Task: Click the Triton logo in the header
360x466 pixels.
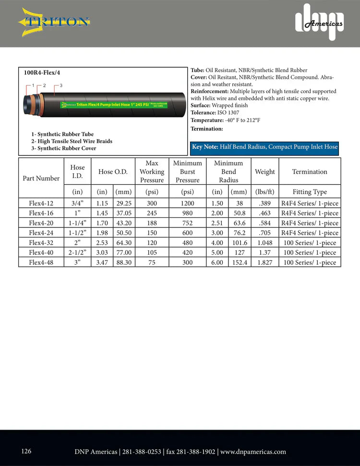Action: pyautogui.click(x=54, y=22)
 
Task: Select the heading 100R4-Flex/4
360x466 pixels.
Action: pyautogui.click(x=42, y=73)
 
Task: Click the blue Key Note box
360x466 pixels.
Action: pyautogui.click(x=264, y=147)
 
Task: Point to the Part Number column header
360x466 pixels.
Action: pyautogui.click(x=41, y=179)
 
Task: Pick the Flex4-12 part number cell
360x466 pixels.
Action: pyautogui.click(x=41, y=203)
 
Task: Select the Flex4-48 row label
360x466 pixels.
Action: pyautogui.click(x=41, y=263)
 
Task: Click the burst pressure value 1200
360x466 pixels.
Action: pyautogui.click(x=187, y=203)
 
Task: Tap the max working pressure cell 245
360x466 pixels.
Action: pyautogui.click(x=152, y=213)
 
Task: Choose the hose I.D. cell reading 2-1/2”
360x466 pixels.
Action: pyautogui.click(x=77, y=252)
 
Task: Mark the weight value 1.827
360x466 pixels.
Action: pyautogui.click(x=265, y=263)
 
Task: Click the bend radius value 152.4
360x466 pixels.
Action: pyautogui.click(x=239, y=263)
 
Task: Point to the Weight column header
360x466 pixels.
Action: pyautogui.click(x=265, y=172)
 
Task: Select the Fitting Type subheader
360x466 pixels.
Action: pyautogui.click(x=310, y=192)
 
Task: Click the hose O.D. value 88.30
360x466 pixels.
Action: pyautogui.click(x=124, y=263)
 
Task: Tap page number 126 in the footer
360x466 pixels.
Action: pyautogui.click(x=26, y=451)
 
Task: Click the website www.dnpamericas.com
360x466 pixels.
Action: pyautogui.click(x=253, y=452)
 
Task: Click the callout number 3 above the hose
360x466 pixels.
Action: pyautogui.click(x=61, y=85)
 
